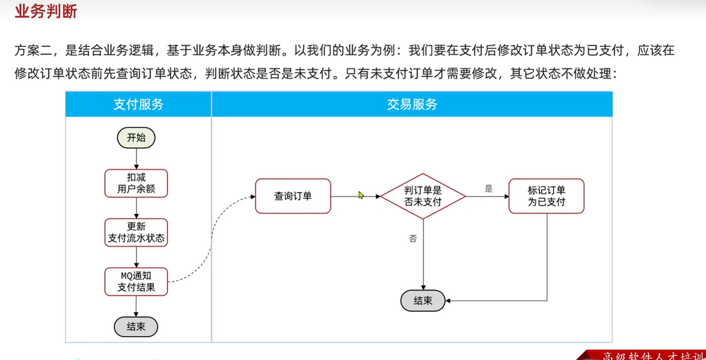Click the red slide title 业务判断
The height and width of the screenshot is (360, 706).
(46, 12)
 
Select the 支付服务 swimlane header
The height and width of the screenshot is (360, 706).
(139, 104)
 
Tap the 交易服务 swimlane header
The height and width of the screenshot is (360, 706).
(412, 104)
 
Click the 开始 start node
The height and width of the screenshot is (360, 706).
(136, 138)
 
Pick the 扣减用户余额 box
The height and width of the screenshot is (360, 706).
(136, 183)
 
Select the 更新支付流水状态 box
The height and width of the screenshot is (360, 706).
(136, 232)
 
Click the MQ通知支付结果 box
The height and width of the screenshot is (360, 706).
(136, 281)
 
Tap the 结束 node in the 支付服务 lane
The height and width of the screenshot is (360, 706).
(136, 327)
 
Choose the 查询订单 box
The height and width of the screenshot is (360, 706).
(293, 196)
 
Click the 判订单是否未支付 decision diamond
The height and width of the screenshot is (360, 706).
(423, 196)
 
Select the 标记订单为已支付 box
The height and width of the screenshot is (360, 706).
(546, 196)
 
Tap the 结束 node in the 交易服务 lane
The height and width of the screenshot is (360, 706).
(423, 301)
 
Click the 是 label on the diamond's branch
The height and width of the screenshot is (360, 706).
(489, 188)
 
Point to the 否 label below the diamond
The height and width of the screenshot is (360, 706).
(413, 239)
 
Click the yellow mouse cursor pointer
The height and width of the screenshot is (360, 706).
(361, 195)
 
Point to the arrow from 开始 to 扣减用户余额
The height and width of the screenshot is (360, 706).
(136, 159)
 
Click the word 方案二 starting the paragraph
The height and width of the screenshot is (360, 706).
(33, 50)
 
